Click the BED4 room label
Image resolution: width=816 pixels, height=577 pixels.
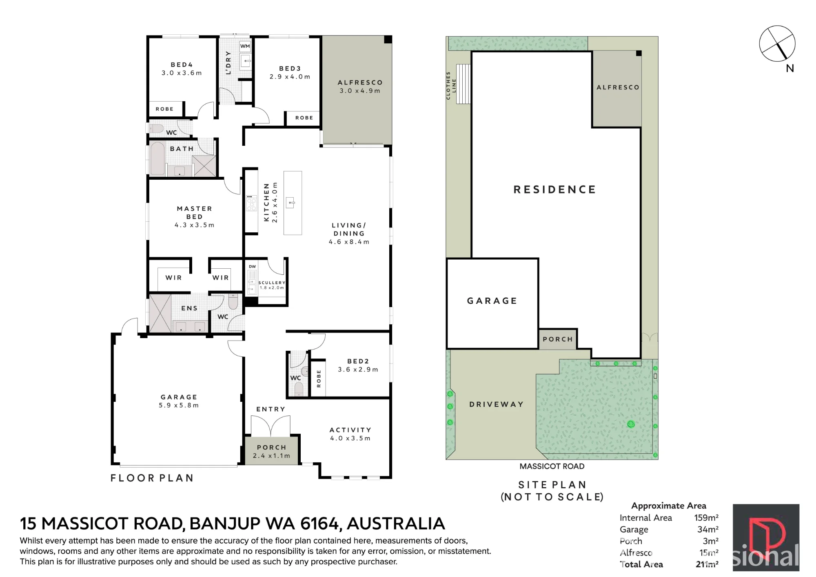point(182,65)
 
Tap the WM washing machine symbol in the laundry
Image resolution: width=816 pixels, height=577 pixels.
point(245,46)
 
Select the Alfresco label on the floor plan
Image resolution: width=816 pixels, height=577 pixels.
point(360,82)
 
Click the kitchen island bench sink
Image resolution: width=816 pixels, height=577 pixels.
point(290,203)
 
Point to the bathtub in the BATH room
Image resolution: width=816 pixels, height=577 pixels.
point(157,158)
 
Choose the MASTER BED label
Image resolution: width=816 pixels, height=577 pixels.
point(195,212)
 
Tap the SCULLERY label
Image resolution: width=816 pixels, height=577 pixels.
point(272,283)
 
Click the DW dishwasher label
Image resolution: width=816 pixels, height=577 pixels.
point(252,267)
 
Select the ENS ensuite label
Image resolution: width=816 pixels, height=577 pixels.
point(189,308)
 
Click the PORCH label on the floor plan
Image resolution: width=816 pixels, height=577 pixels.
point(272,448)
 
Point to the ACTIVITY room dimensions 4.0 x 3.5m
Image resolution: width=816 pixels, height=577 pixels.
point(350,438)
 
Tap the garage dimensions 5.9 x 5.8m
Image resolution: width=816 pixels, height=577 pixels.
point(179,405)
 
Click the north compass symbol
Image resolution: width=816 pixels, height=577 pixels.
point(777,44)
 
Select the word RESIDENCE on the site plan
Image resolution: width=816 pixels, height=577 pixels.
point(555,189)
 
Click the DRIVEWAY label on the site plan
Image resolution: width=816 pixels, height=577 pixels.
point(497,404)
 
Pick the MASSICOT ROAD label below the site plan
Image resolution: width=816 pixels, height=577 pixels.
point(552,466)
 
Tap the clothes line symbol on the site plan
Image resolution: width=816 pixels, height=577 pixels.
point(463,84)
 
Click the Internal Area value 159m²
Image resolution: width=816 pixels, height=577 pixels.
point(706,518)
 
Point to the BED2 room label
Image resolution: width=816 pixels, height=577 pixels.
point(358,361)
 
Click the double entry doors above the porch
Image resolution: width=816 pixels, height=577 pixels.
point(271,426)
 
